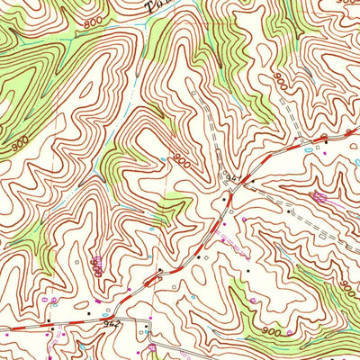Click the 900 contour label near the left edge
coord(20,141)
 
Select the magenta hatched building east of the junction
coord(317,195)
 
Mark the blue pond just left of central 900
coord(162,160)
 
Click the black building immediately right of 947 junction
coord(253,181)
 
